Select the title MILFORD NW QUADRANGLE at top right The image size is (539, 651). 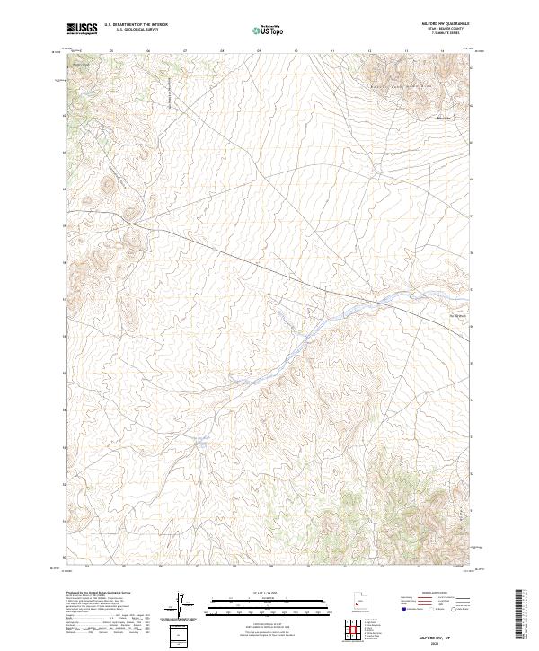(444, 25)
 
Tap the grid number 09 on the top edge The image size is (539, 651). (259, 51)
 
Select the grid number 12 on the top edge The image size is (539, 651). (369, 51)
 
